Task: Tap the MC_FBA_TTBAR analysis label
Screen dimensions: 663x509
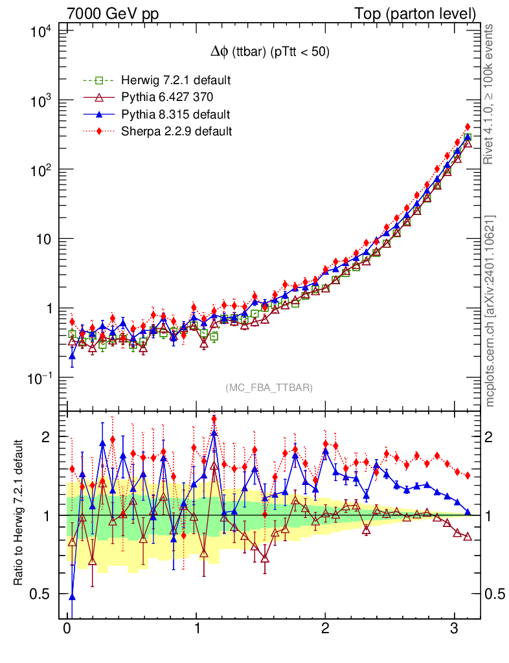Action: coord(269,388)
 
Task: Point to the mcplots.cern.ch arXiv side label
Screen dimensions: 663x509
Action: coord(490,311)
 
